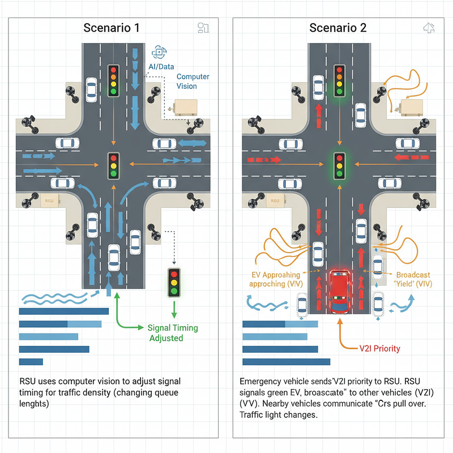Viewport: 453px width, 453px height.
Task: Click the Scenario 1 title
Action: [112, 28]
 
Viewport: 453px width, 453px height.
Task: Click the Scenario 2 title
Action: [337, 28]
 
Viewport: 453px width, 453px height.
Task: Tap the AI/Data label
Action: [161, 67]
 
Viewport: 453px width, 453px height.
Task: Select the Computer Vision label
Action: [193, 81]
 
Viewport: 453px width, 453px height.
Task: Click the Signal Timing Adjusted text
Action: [173, 333]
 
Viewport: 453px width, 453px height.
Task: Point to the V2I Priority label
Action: [379, 348]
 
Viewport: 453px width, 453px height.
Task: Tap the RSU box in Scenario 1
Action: [49, 200]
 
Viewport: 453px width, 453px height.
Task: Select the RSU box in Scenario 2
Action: [275, 200]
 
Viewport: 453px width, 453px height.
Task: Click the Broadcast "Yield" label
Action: [413, 279]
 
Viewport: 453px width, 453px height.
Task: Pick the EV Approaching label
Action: [276, 279]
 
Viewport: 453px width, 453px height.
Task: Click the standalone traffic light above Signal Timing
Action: [174, 283]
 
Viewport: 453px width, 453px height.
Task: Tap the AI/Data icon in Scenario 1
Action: [159, 52]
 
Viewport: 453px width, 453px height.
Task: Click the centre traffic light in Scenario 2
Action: [339, 166]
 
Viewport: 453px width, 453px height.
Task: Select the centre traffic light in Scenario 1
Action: [114, 166]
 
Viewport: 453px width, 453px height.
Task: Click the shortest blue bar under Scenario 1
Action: [31, 362]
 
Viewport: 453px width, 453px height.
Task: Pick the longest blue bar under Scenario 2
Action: [286, 362]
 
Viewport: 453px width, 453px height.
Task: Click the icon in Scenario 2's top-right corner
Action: [429, 28]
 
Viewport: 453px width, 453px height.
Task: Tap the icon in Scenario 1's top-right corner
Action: [203, 28]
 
